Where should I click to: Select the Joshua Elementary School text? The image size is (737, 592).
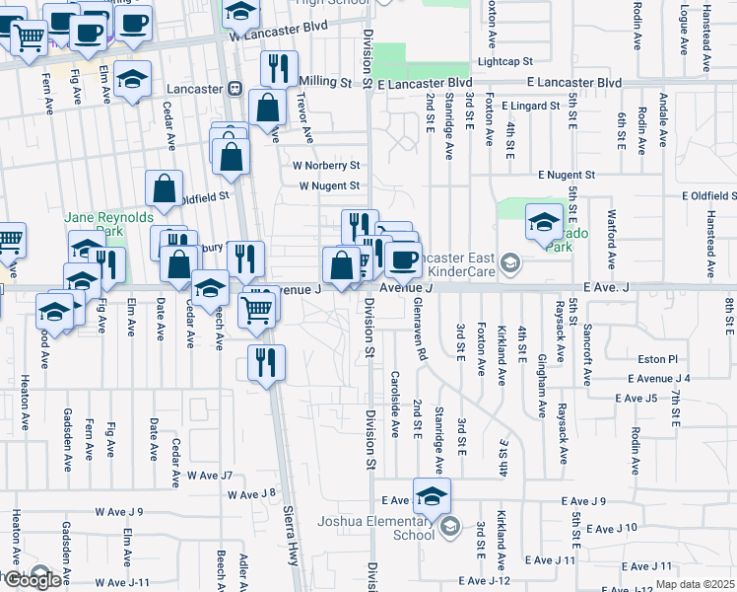(374, 528)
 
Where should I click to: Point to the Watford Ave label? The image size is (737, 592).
(611, 249)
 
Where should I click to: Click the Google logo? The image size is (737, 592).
(32, 580)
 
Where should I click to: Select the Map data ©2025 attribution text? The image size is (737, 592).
(694, 584)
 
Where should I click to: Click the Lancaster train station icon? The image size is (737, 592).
(234, 88)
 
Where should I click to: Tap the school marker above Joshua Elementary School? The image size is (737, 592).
(432, 496)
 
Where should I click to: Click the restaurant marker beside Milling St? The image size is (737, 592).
(279, 69)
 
